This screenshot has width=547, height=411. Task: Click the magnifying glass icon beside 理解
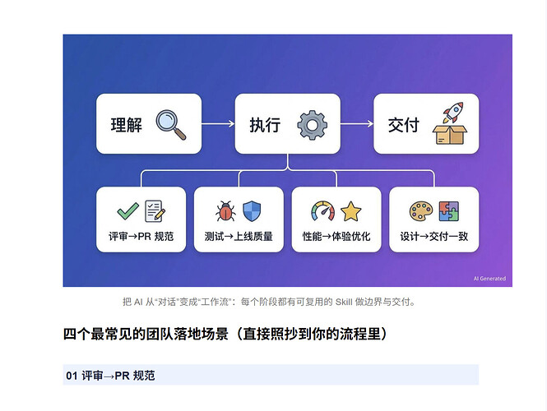point(170,124)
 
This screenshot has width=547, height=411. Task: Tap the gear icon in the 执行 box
point(312,125)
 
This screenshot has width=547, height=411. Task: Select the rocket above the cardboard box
point(453,112)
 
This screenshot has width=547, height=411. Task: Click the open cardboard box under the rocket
point(450,135)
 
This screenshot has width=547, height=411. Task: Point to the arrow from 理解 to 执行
point(218,123)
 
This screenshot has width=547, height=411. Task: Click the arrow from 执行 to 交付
point(357,123)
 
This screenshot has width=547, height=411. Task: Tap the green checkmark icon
point(127,211)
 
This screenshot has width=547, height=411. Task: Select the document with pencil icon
point(155,211)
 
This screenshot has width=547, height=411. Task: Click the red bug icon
point(225,211)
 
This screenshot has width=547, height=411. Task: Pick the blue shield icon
point(252,211)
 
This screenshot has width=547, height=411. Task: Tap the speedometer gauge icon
point(322,211)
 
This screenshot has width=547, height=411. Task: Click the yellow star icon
point(350,211)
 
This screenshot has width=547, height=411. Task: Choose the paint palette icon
point(421,211)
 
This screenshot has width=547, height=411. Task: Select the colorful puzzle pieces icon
point(448,211)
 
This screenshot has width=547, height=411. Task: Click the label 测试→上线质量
point(239,237)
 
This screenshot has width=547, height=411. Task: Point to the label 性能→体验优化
point(336,237)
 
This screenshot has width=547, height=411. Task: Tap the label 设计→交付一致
point(434,237)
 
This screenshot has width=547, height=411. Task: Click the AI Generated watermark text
point(489,279)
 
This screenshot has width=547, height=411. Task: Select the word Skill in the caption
point(344,302)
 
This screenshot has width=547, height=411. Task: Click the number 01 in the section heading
point(72,376)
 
